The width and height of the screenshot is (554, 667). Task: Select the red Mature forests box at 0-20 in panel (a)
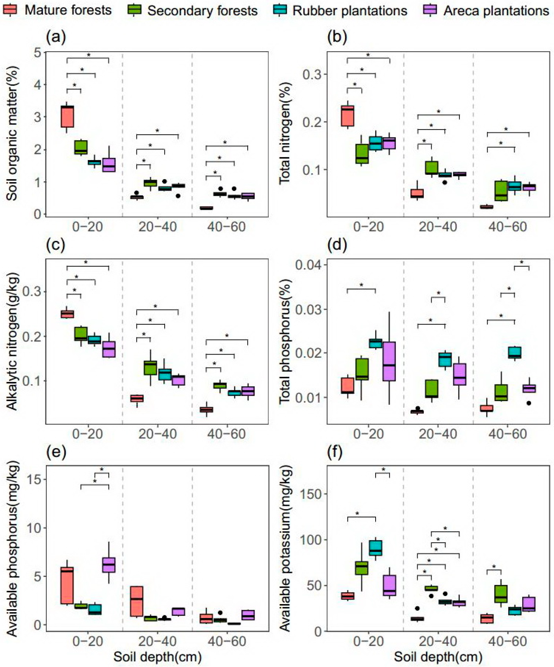67,116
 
